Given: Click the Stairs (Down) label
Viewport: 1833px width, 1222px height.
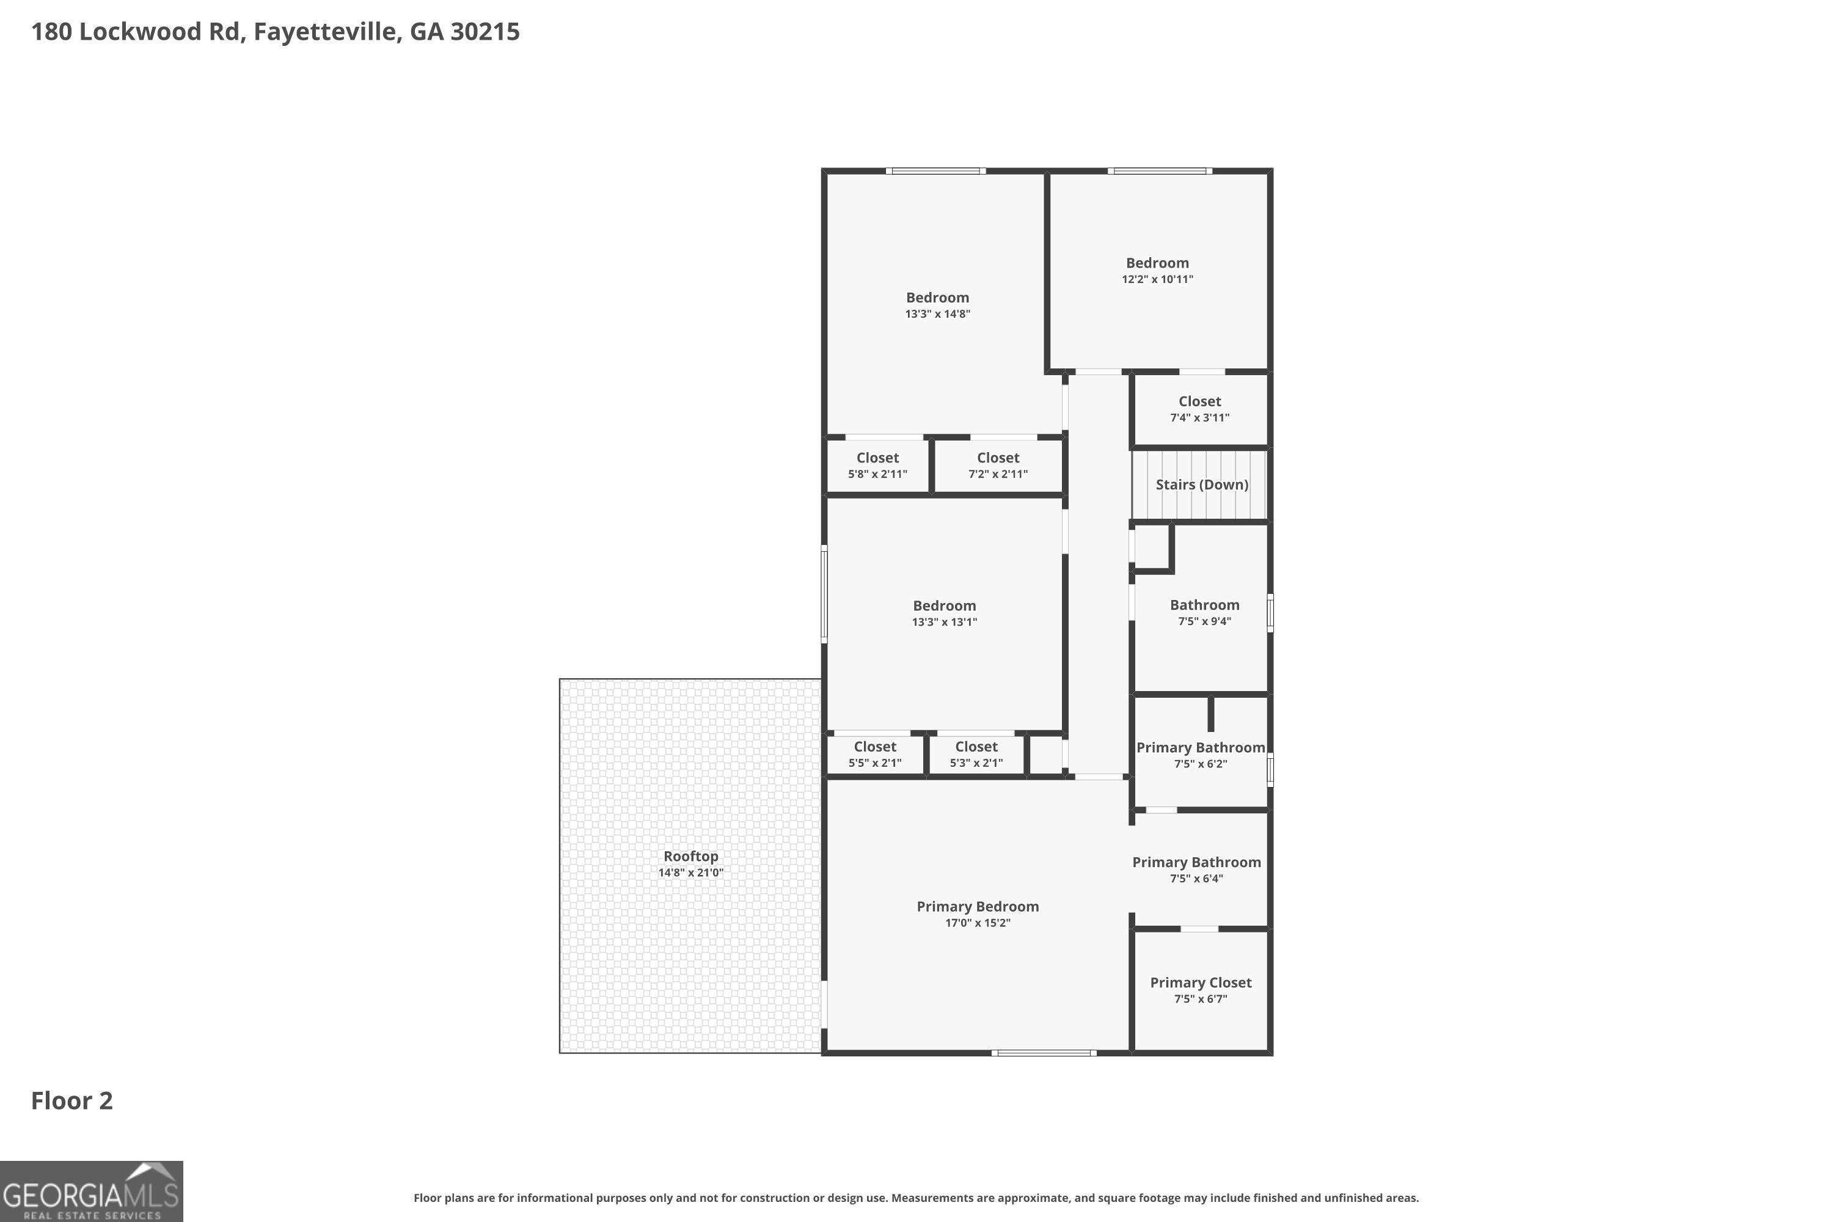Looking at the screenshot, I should (1201, 485).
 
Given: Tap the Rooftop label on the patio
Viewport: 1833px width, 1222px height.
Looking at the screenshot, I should (690, 856).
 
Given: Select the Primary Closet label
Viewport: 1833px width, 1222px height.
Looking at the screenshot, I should (1200, 982).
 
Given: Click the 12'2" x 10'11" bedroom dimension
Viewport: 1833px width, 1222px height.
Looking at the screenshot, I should (1157, 280).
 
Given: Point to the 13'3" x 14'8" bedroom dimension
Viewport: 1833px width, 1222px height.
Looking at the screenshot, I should (937, 314).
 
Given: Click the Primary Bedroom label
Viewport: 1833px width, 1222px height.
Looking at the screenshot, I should (977, 906).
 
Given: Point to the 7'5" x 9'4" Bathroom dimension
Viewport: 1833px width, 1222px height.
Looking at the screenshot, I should (1204, 622).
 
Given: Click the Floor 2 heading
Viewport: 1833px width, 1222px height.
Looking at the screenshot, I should (71, 1100).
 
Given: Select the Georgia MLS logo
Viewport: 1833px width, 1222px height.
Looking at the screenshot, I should (91, 1191).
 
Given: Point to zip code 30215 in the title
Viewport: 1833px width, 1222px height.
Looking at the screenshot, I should (485, 32).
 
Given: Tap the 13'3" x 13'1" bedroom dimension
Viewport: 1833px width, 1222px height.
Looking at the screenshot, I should (944, 623).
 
